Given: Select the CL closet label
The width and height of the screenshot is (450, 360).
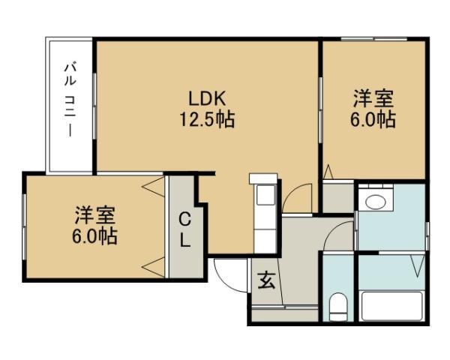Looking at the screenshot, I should pos(184,230).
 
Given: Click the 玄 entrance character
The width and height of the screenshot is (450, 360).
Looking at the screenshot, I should pos(265,282).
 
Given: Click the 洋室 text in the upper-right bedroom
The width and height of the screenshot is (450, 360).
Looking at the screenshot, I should pos(373,100).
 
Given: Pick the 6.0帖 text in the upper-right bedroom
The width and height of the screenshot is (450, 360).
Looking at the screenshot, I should pos(373,120).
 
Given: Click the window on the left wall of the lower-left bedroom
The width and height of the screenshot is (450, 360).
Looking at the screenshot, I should pos(25,224).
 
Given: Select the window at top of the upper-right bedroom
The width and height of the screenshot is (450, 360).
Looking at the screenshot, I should pos(373,39).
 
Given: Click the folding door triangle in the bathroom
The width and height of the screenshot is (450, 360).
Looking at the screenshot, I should pos(416,266).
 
